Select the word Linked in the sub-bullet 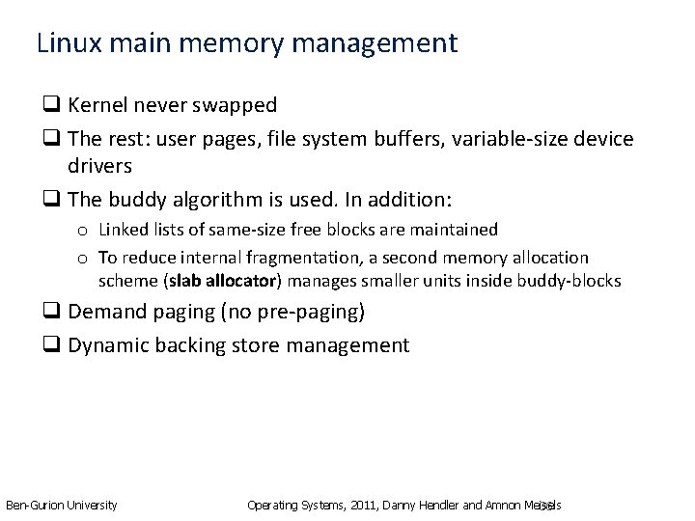click(123, 230)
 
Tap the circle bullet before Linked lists click(85, 231)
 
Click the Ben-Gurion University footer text click(62, 505)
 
